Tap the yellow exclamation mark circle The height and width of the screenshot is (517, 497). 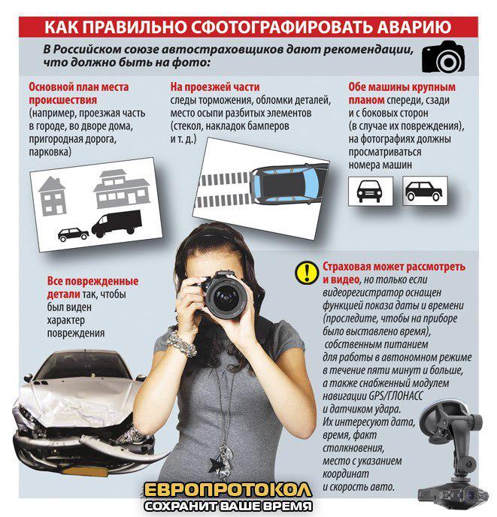pyautogui.click(x=307, y=272)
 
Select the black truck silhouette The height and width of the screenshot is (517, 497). pyautogui.click(x=117, y=223)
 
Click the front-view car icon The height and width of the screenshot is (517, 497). pyautogui.click(x=370, y=191)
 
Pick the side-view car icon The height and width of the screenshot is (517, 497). pyautogui.click(x=424, y=191)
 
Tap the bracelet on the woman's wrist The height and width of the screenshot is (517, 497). pyautogui.click(x=181, y=344)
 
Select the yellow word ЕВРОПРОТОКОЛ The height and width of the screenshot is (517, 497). pyautogui.click(x=228, y=490)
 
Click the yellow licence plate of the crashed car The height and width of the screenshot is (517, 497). pyautogui.click(x=85, y=471)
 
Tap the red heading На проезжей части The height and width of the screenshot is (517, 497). pyautogui.click(x=215, y=87)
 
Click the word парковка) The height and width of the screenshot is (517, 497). pyautogui.click(x=50, y=152)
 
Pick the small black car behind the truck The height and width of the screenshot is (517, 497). pyautogui.click(x=73, y=234)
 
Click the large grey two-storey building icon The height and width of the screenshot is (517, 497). pyautogui.click(x=122, y=189)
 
